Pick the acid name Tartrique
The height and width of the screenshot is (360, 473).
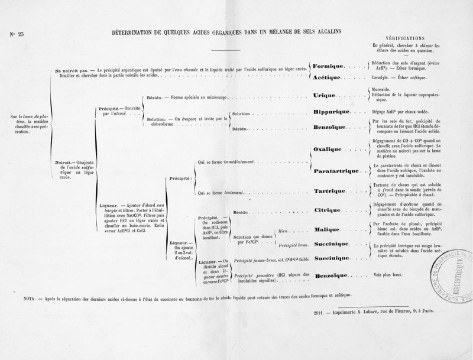coord(329,192)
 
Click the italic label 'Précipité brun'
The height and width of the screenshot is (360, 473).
coord(294,244)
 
